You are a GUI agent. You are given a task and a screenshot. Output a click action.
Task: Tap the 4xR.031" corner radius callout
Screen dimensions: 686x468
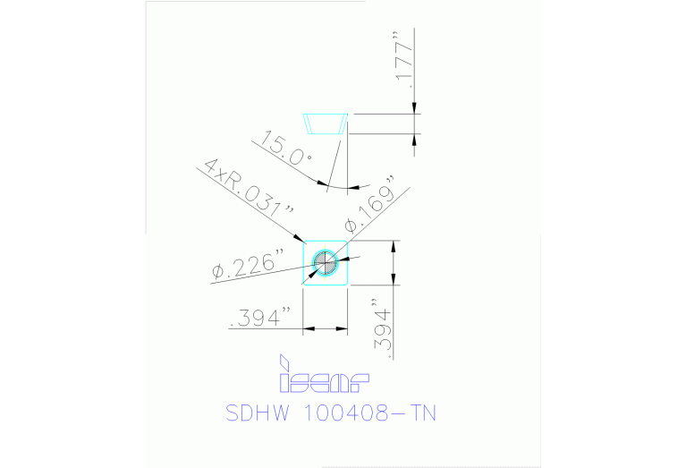[x=249, y=188]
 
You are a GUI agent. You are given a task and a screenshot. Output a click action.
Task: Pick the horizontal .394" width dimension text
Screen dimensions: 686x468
[x=260, y=317]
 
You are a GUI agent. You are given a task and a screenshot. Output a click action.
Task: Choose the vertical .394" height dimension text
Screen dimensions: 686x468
[x=382, y=328]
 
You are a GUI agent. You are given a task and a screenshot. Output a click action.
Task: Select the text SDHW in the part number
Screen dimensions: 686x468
[x=258, y=413]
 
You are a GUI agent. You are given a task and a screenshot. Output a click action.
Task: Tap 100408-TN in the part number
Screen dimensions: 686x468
[x=369, y=413]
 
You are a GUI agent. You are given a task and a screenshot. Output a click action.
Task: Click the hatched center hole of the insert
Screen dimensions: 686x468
[x=326, y=263]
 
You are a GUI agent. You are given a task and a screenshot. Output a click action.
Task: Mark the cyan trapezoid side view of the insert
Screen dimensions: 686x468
[x=326, y=123]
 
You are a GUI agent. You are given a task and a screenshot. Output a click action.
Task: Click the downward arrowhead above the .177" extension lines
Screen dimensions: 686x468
[x=414, y=107]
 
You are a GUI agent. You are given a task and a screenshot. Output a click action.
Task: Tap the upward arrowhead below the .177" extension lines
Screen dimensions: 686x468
[x=414, y=140]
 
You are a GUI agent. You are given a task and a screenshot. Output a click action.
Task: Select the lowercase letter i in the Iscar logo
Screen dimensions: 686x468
[x=284, y=373]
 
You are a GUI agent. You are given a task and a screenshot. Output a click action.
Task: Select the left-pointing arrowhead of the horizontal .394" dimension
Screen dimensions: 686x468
[x=309, y=328]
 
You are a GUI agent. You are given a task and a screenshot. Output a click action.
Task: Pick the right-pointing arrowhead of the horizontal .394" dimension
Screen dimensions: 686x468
[x=342, y=328]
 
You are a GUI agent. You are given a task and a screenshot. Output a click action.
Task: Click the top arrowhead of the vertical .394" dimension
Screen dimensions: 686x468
[x=394, y=246]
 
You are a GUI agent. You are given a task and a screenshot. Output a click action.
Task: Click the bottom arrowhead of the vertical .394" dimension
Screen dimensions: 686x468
[x=394, y=279]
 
